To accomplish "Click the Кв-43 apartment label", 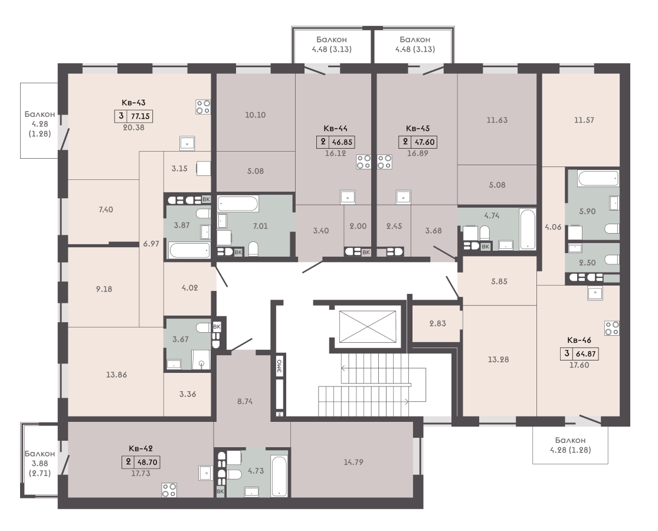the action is coord(133,102).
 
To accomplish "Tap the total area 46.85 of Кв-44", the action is coord(342,142).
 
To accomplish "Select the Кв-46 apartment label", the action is coord(579,340).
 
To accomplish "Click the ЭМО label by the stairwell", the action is coord(280,366).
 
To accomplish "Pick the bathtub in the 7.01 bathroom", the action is coord(238,204).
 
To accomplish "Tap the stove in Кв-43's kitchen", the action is coord(203,107).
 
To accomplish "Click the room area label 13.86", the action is coord(116,375).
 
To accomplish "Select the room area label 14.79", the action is coord(353,462).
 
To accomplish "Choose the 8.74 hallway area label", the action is coord(245,401).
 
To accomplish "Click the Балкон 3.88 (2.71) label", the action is coord(40,464).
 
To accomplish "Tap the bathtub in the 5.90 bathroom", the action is coord(598,179).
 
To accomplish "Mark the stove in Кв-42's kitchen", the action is coord(169,490).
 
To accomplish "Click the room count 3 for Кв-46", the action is coord(567,353).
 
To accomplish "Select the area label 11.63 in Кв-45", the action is coord(497,120).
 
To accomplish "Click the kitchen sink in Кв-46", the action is coord(595,293).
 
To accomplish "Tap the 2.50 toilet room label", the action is coord(587,263).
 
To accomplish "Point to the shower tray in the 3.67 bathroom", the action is coord(201,359).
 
